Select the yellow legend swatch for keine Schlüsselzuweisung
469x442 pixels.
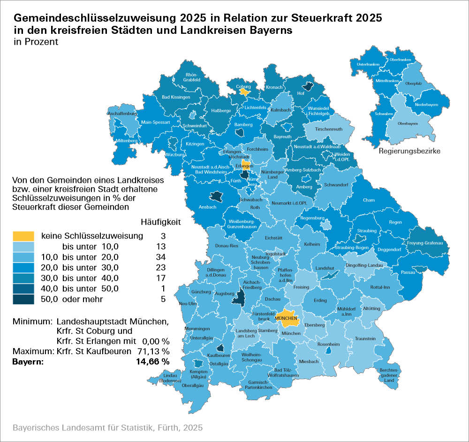pyautogui.click(x=23, y=235)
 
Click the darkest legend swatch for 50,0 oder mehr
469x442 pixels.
pyautogui.click(x=23, y=299)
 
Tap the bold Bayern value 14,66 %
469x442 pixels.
pyautogui.click(x=152, y=362)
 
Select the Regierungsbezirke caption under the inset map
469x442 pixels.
pyautogui.click(x=409, y=151)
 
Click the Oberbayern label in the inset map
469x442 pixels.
pyautogui.click(x=408, y=124)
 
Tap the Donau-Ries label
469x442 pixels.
pyautogui.click(x=227, y=246)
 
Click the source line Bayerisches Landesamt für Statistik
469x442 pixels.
pyautogui.click(x=108, y=428)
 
